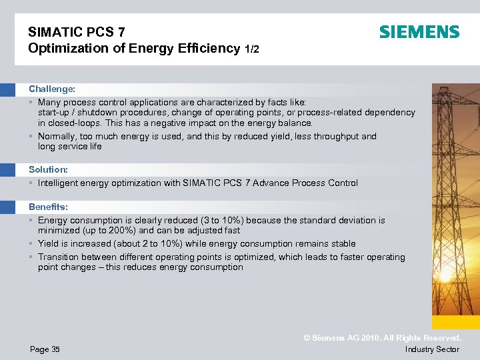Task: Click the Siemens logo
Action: (419, 32)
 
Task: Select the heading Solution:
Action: (48, 170)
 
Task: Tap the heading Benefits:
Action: (48, 207)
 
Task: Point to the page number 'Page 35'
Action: (45, 349)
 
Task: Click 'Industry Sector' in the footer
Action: (432, 349)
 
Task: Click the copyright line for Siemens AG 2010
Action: (382, 338)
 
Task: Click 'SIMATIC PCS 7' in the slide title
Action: (76, 31)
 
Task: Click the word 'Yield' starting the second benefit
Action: (49, 244)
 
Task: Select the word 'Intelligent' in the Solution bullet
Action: (59, 183)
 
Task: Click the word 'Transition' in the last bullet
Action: (60, 257)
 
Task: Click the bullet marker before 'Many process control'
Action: (31, 103)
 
